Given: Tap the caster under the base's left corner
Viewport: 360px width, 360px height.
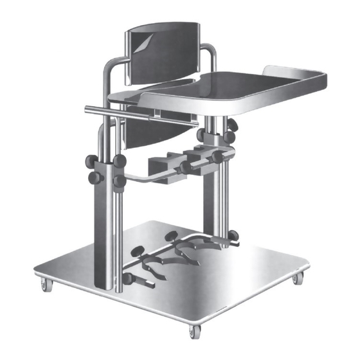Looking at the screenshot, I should (44, 283).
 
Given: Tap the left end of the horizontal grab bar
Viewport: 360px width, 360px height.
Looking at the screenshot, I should (88, 109).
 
